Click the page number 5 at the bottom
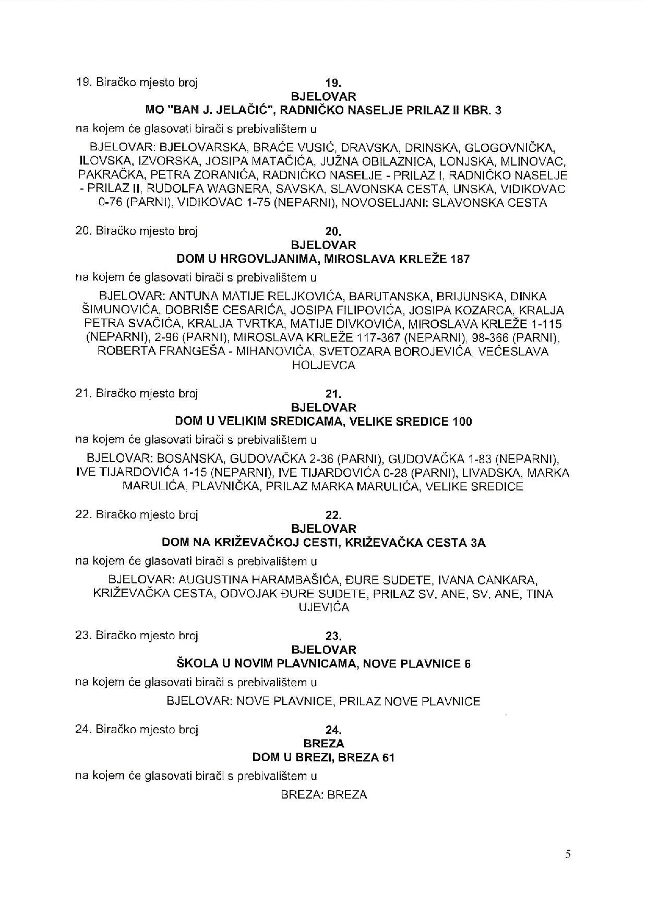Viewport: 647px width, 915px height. [568, 854]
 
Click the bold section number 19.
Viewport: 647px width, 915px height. [333, 83]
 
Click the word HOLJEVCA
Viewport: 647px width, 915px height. [323, 366]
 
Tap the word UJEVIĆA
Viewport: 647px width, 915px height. [323, 607]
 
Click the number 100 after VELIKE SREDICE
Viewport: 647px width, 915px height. [462, 421]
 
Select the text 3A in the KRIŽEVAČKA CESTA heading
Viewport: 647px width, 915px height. [478, 543]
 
